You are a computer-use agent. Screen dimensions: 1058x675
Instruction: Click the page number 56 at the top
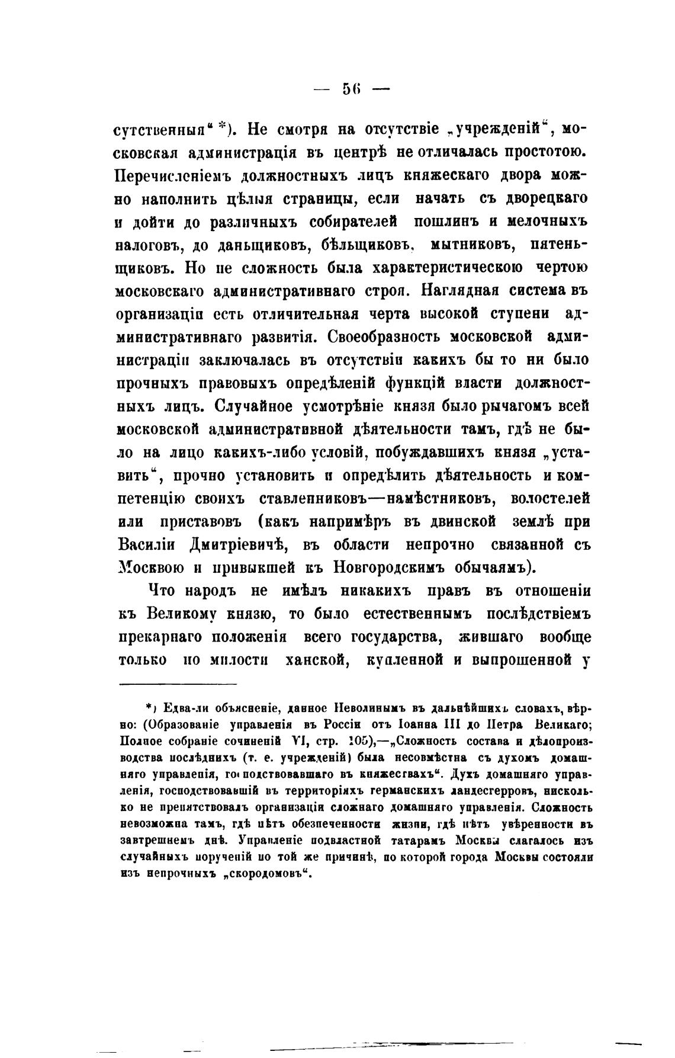point(351,89)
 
